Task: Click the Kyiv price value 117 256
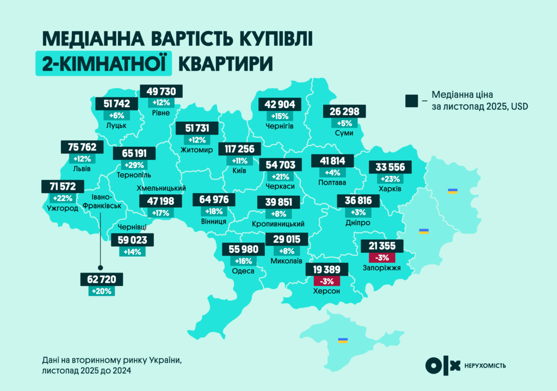[239, 149]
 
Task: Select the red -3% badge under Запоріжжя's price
[382, 257]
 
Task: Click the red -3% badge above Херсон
[327, 281]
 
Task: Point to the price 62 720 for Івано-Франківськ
[101, 280]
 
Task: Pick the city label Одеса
[243, 271]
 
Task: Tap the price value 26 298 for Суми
[344, 111]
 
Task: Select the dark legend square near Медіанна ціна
[411, 100]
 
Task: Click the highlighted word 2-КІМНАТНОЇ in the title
[103, 62]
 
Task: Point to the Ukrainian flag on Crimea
[343, 340]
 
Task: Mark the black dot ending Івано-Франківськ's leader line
[100, 268]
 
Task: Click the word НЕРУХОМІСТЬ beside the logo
[485, 365]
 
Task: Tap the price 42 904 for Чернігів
[278, 104]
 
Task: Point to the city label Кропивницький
[278, 224]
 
